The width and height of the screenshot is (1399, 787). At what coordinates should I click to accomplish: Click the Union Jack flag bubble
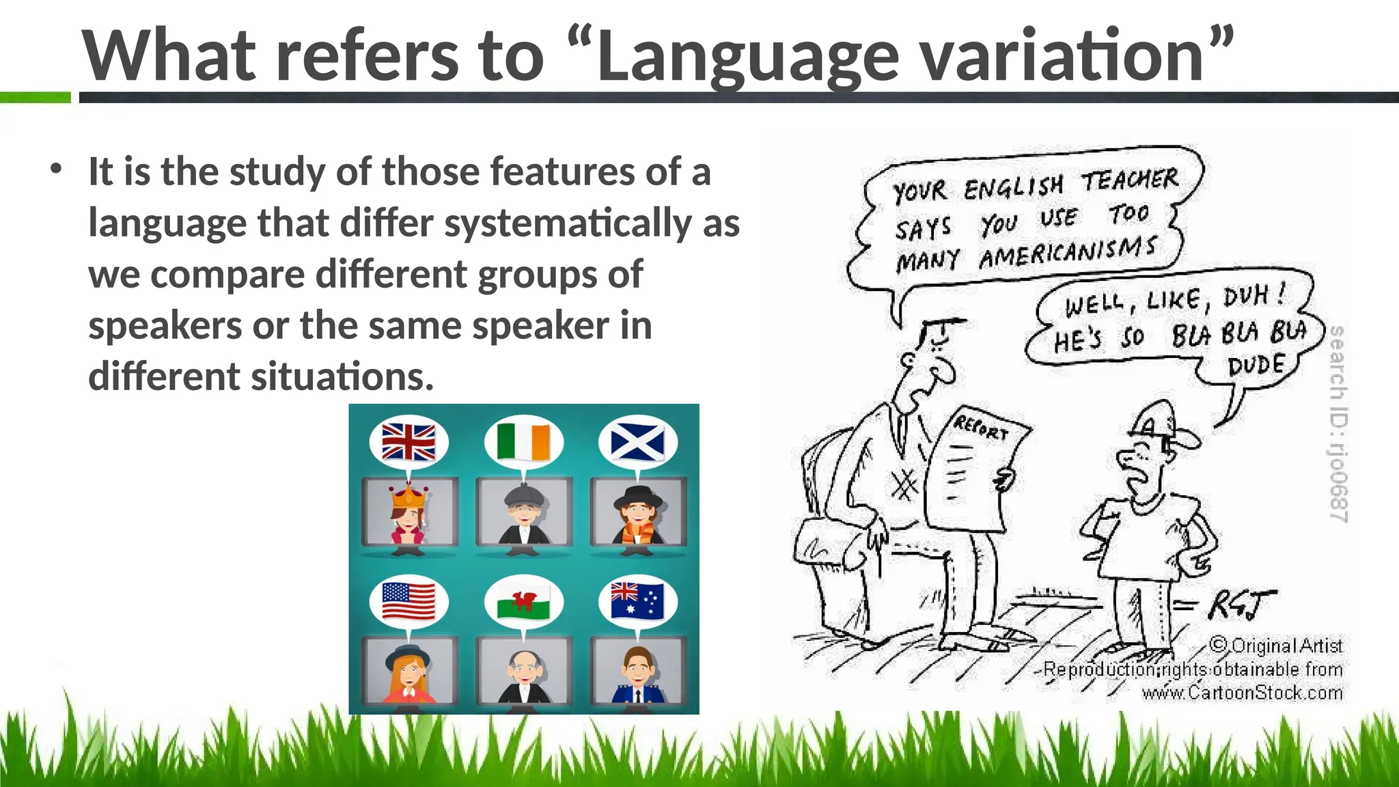click(x=408, y=441)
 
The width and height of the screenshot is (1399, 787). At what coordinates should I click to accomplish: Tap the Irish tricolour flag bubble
click(x=523, y=441)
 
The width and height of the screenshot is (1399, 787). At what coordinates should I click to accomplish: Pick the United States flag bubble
click(x=408, y=601)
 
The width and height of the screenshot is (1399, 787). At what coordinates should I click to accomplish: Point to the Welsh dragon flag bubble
click(x=523, y=601)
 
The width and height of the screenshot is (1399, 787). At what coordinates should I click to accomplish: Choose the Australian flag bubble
click(x=637, y=600)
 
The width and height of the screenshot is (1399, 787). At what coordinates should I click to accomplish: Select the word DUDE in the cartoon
click(x=1256, y=366)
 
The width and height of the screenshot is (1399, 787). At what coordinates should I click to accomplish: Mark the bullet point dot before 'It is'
click(x=57, y=168)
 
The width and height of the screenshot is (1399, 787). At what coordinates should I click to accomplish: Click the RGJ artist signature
click(x=1240, y=605)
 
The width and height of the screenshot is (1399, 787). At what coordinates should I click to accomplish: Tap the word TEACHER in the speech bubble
click(x=1129, y=180)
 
